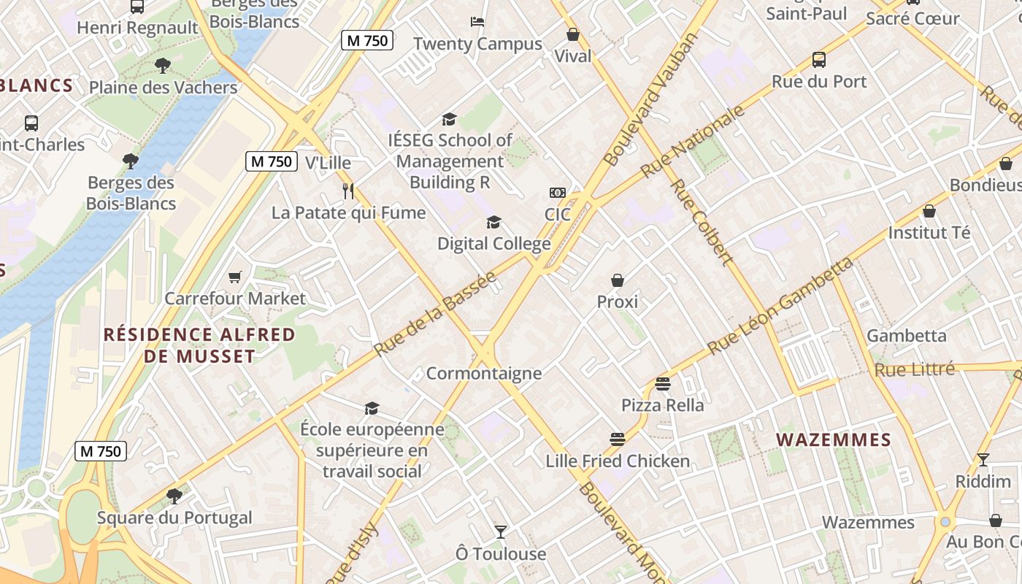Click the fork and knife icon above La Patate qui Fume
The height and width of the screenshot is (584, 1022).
tap(348, 191)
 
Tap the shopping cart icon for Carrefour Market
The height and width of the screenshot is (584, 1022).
tap(234, 277)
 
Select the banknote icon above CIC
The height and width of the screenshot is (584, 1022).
tap(558, 193)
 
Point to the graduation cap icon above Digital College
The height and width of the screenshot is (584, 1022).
tap(494, 222)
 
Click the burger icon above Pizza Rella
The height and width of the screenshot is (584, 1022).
tap(663, 383)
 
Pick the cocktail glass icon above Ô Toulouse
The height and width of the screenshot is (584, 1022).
tap(501, 531)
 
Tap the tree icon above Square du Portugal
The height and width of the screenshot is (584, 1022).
tap(174, 496)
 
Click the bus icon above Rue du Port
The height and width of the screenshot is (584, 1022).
tap(819, 60)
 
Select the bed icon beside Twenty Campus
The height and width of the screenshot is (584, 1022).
tap(477, 22)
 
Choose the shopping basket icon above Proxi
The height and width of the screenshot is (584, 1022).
tap(618, 280)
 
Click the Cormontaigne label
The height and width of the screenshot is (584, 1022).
tap(484, 374)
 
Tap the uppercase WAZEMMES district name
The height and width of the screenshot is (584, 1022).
tap(834, 439)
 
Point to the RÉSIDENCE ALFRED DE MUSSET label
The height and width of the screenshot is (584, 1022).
tap(199, 345)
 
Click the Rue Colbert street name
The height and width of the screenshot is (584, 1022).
tap(701, 222)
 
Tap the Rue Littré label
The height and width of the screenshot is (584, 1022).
tap(915, 370)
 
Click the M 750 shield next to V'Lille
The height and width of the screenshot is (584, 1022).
tap(271, 161)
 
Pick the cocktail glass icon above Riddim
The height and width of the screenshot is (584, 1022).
tap(983, 460)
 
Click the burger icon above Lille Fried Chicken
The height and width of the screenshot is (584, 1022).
tap(618, 439)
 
